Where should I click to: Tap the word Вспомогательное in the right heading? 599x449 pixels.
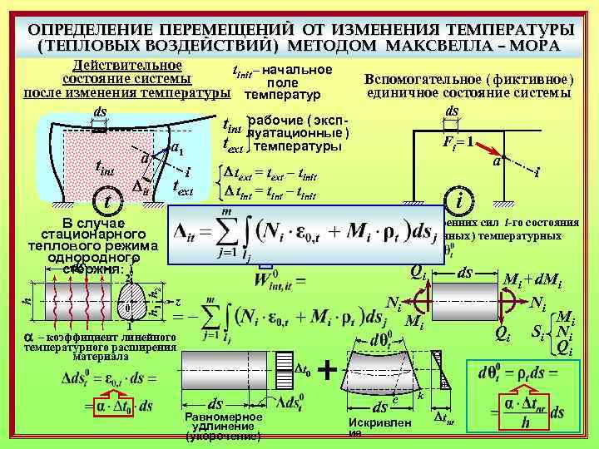pyautogui.click(x=413, y=78)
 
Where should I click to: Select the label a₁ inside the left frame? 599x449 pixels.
pyautogui.click(x=176, y=150)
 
